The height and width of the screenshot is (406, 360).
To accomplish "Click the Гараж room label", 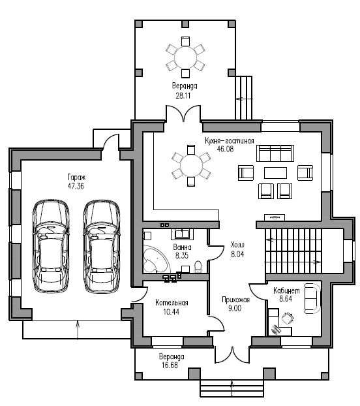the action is (x=76, y=178).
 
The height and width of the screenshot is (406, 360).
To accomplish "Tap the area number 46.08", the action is (x=225, y=149).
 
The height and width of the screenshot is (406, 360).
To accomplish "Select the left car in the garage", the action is (x=51, y=246).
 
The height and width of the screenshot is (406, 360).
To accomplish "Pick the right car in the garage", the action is (x=102, y=246).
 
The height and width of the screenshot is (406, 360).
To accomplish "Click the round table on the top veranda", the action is (x=185, y=57).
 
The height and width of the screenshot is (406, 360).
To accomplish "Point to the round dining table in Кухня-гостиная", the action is (x=191, y=166).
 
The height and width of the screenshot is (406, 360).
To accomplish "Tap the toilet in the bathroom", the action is (x=198, y=267).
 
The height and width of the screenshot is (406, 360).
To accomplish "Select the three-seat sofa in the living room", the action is (x=275, y=153).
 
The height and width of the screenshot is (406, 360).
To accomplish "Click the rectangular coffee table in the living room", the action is (x=275, y=173).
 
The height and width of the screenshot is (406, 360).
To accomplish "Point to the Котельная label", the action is (x=172, y=302).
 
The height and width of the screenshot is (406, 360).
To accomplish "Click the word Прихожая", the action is (x=235, y=300).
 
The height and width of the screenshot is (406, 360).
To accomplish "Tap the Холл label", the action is (x=237, y=245).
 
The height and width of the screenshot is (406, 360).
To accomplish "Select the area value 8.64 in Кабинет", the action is (x=286, y=299).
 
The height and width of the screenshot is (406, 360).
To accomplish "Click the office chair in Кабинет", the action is (x=288, y=319).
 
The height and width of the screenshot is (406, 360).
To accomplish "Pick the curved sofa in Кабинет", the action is (x=312, y=298).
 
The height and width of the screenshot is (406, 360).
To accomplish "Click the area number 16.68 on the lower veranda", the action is (x=170, y=366).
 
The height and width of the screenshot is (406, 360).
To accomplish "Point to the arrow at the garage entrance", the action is (x=78, y=330).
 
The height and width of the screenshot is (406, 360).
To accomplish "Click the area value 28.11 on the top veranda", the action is (x=183, y=96).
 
